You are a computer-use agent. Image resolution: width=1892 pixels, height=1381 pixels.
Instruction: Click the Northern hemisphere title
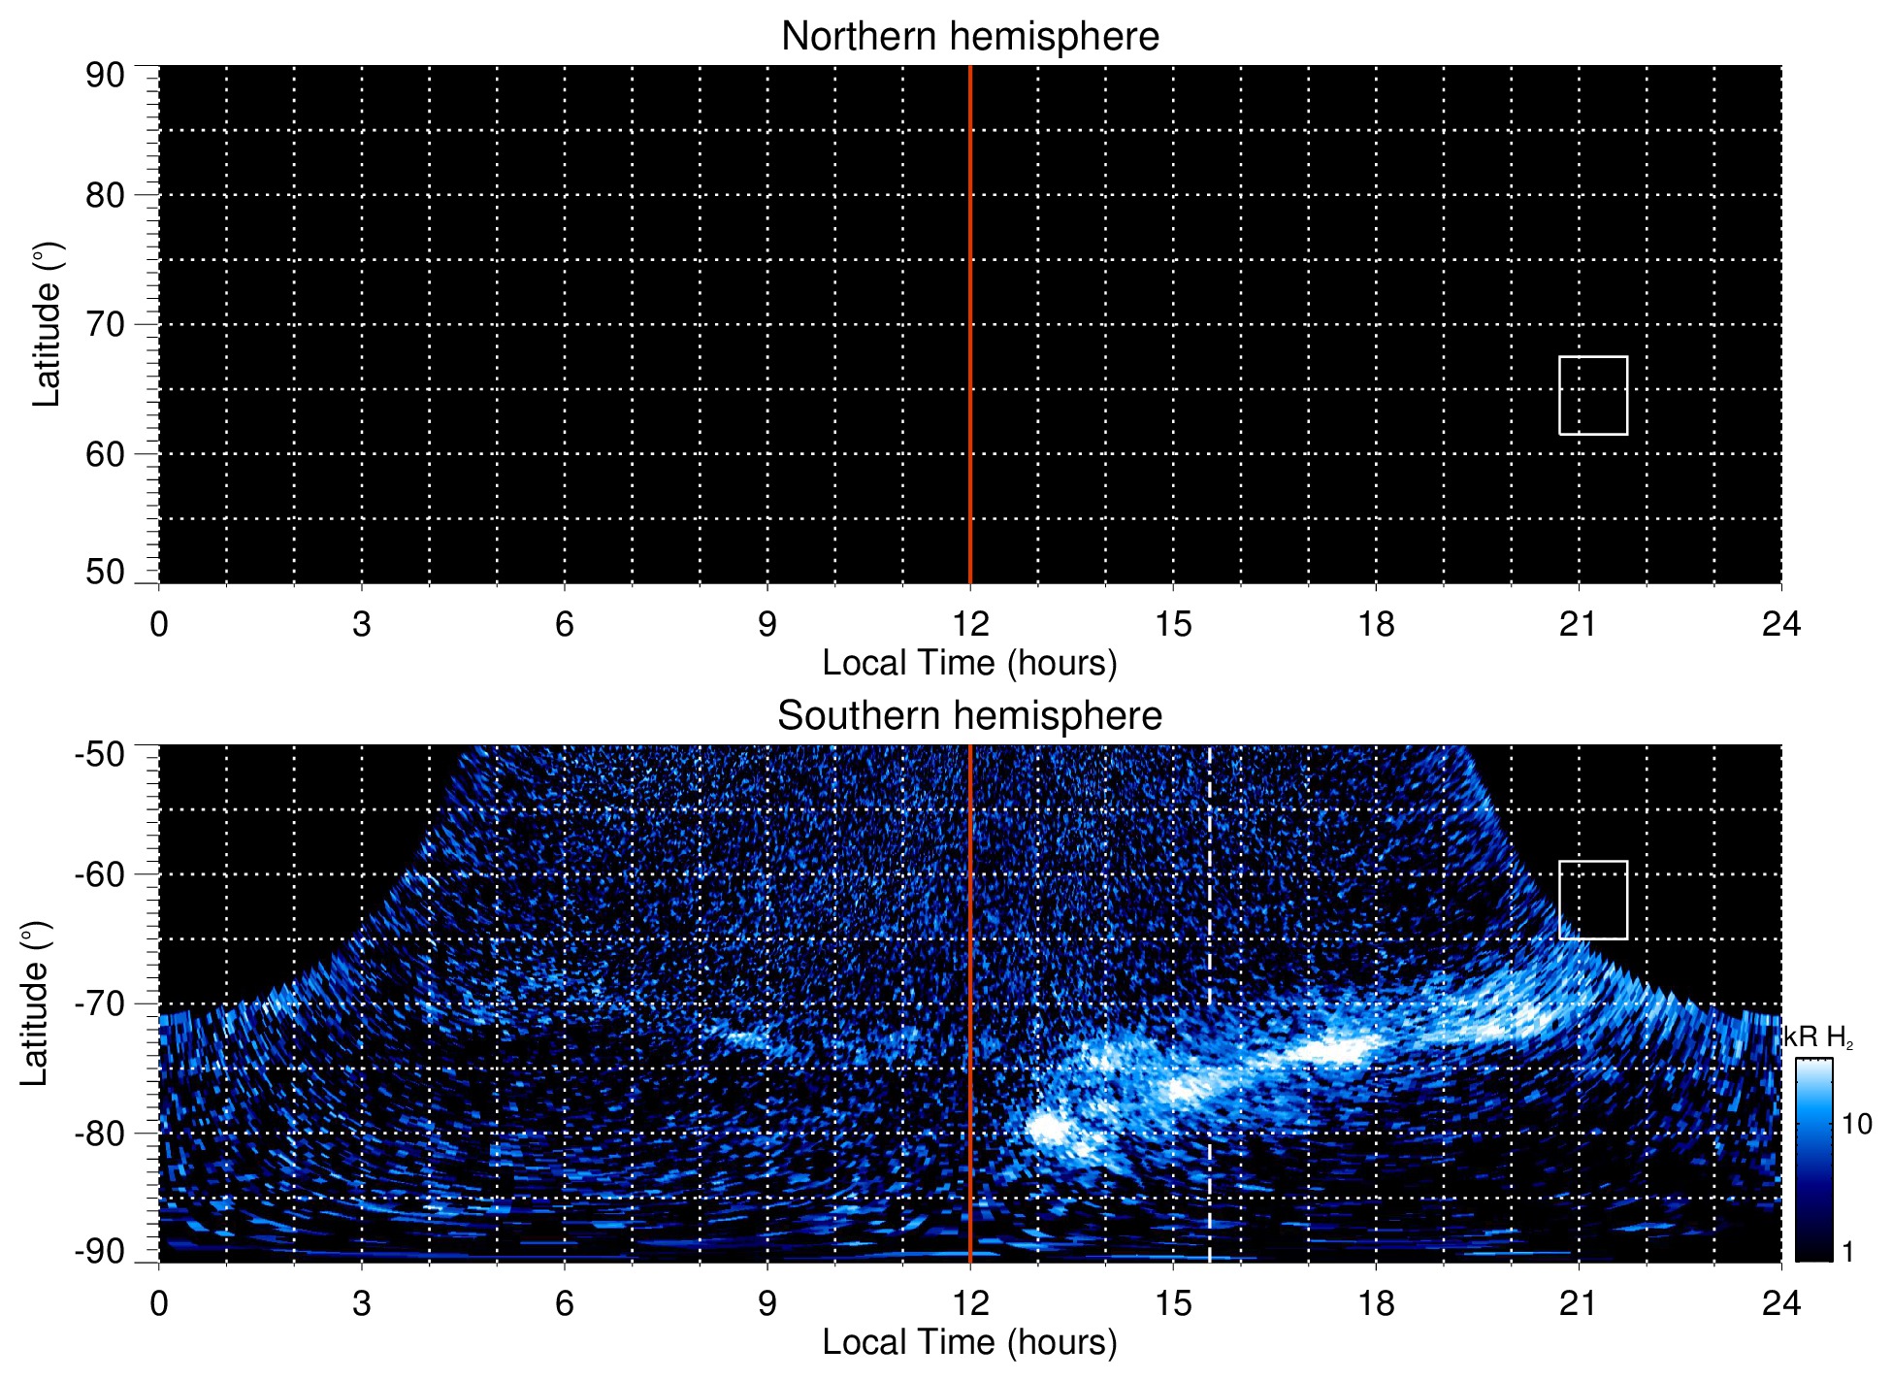pos(969,37)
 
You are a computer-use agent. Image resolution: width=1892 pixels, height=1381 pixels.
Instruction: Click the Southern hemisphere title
pos(969,716)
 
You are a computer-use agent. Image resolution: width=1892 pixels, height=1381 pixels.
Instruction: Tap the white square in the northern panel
pos(1592,395)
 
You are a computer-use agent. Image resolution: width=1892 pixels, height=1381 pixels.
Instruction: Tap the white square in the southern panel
pos(1592,900)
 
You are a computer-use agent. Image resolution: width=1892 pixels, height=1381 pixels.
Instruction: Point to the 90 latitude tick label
pos(105,76)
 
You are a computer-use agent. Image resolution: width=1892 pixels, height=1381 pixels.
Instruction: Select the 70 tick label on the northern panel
pos(105,324)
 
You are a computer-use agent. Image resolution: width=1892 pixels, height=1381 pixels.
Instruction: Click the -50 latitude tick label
pos(100,754)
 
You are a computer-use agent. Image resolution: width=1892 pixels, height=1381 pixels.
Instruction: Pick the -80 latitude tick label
pos(100,1133)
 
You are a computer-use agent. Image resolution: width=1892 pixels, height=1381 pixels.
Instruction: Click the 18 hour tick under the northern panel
pos(1376,624)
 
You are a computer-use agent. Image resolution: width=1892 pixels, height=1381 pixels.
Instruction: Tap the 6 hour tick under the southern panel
pos(564,1303)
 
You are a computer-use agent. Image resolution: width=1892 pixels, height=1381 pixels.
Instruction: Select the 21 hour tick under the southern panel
pos(1578,1303)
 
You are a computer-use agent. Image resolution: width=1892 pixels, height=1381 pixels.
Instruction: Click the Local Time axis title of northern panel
pos(969,663)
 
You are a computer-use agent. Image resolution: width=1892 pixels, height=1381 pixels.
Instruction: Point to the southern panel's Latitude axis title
pos(35,1003)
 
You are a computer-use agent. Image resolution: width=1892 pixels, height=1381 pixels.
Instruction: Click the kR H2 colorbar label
pos(1817,1037)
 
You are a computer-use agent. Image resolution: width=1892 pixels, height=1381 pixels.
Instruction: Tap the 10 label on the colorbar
pos(1856,1124)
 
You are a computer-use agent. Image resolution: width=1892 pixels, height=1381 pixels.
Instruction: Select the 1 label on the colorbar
pos(1847,1252)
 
